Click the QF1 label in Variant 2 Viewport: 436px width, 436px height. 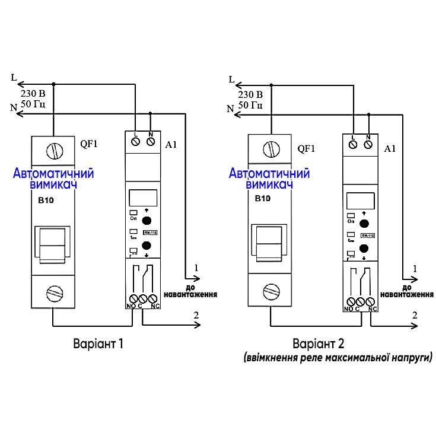305,149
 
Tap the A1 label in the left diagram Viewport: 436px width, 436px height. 171,144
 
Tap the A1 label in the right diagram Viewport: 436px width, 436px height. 390,148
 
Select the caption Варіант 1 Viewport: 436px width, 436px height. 99,344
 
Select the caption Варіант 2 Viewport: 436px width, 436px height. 318,344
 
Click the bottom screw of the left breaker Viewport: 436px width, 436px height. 54,292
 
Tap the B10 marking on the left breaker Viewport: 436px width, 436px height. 46,201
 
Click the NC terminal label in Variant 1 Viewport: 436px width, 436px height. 155,306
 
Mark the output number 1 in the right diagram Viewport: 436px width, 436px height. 415,269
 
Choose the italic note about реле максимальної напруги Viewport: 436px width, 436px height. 338,358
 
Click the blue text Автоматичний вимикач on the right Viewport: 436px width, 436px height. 269,180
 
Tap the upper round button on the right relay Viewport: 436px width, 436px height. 365,224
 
